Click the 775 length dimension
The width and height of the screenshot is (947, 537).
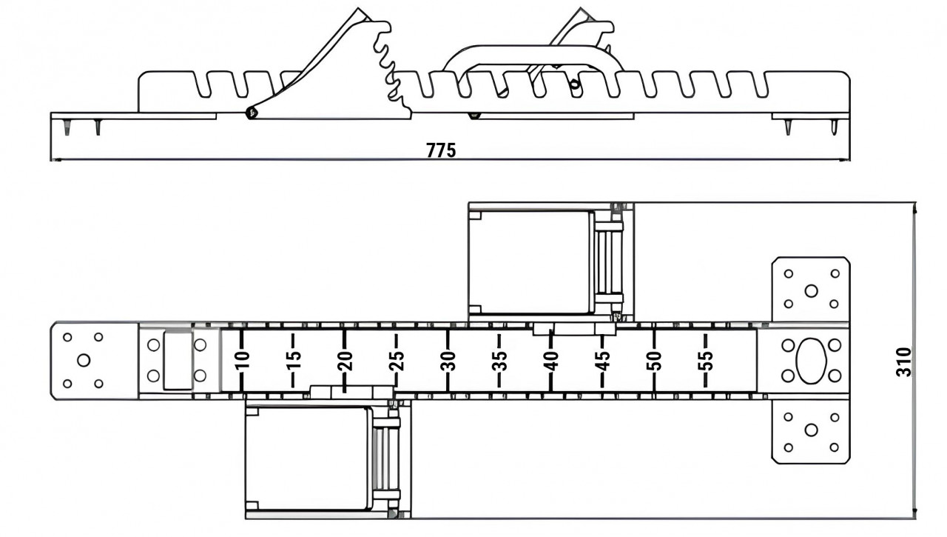[441, 150]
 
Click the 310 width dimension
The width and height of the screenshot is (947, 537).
[903, 361]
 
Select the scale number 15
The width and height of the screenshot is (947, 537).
[294, 361]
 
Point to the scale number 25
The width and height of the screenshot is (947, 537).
[397, 361]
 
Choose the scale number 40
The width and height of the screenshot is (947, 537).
[552, 361]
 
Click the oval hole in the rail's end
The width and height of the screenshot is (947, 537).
[811, 361]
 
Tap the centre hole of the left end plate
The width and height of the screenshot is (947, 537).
[84, 361]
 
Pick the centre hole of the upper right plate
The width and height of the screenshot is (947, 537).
[811, 290]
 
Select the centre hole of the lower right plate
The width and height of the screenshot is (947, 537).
[811, 430]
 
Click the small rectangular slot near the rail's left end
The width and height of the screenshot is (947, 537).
[178, 361]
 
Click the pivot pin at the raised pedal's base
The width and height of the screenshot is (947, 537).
[252, 113]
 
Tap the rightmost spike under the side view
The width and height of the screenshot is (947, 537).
[834, 127]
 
